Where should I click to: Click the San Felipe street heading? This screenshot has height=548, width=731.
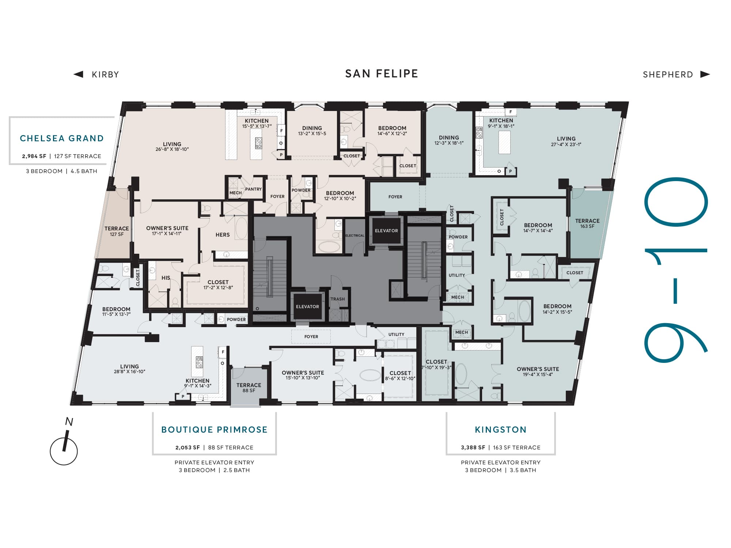pos(382,74)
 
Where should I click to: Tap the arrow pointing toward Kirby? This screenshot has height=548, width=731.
pos(78,74)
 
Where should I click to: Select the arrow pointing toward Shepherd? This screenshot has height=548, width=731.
pos(705,74)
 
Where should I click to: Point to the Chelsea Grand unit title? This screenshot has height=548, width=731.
pos(62,138)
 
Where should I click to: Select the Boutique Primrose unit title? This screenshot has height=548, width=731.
pos(215,430)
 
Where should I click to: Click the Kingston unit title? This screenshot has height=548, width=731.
pos(501,430)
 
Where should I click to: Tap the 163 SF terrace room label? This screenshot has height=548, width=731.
pos(587,223)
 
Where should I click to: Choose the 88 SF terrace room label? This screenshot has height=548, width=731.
pos(249,388)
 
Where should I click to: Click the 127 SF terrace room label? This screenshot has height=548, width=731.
pos(117,231)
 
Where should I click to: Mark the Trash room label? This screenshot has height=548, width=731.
pos(338,299)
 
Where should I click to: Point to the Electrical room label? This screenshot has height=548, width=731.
pos(355,235)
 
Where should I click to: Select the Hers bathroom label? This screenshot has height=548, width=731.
pos(223,235)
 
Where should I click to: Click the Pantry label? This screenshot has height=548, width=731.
pos(253,189)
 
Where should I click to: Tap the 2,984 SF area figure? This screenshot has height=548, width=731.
pos(34,156)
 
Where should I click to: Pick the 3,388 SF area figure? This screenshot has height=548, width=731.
pos(473,448)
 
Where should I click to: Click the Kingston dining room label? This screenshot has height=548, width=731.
pos(449,140)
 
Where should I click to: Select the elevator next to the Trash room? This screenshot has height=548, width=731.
pos(307,307)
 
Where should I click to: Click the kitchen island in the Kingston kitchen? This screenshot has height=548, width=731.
pos(504,142)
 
